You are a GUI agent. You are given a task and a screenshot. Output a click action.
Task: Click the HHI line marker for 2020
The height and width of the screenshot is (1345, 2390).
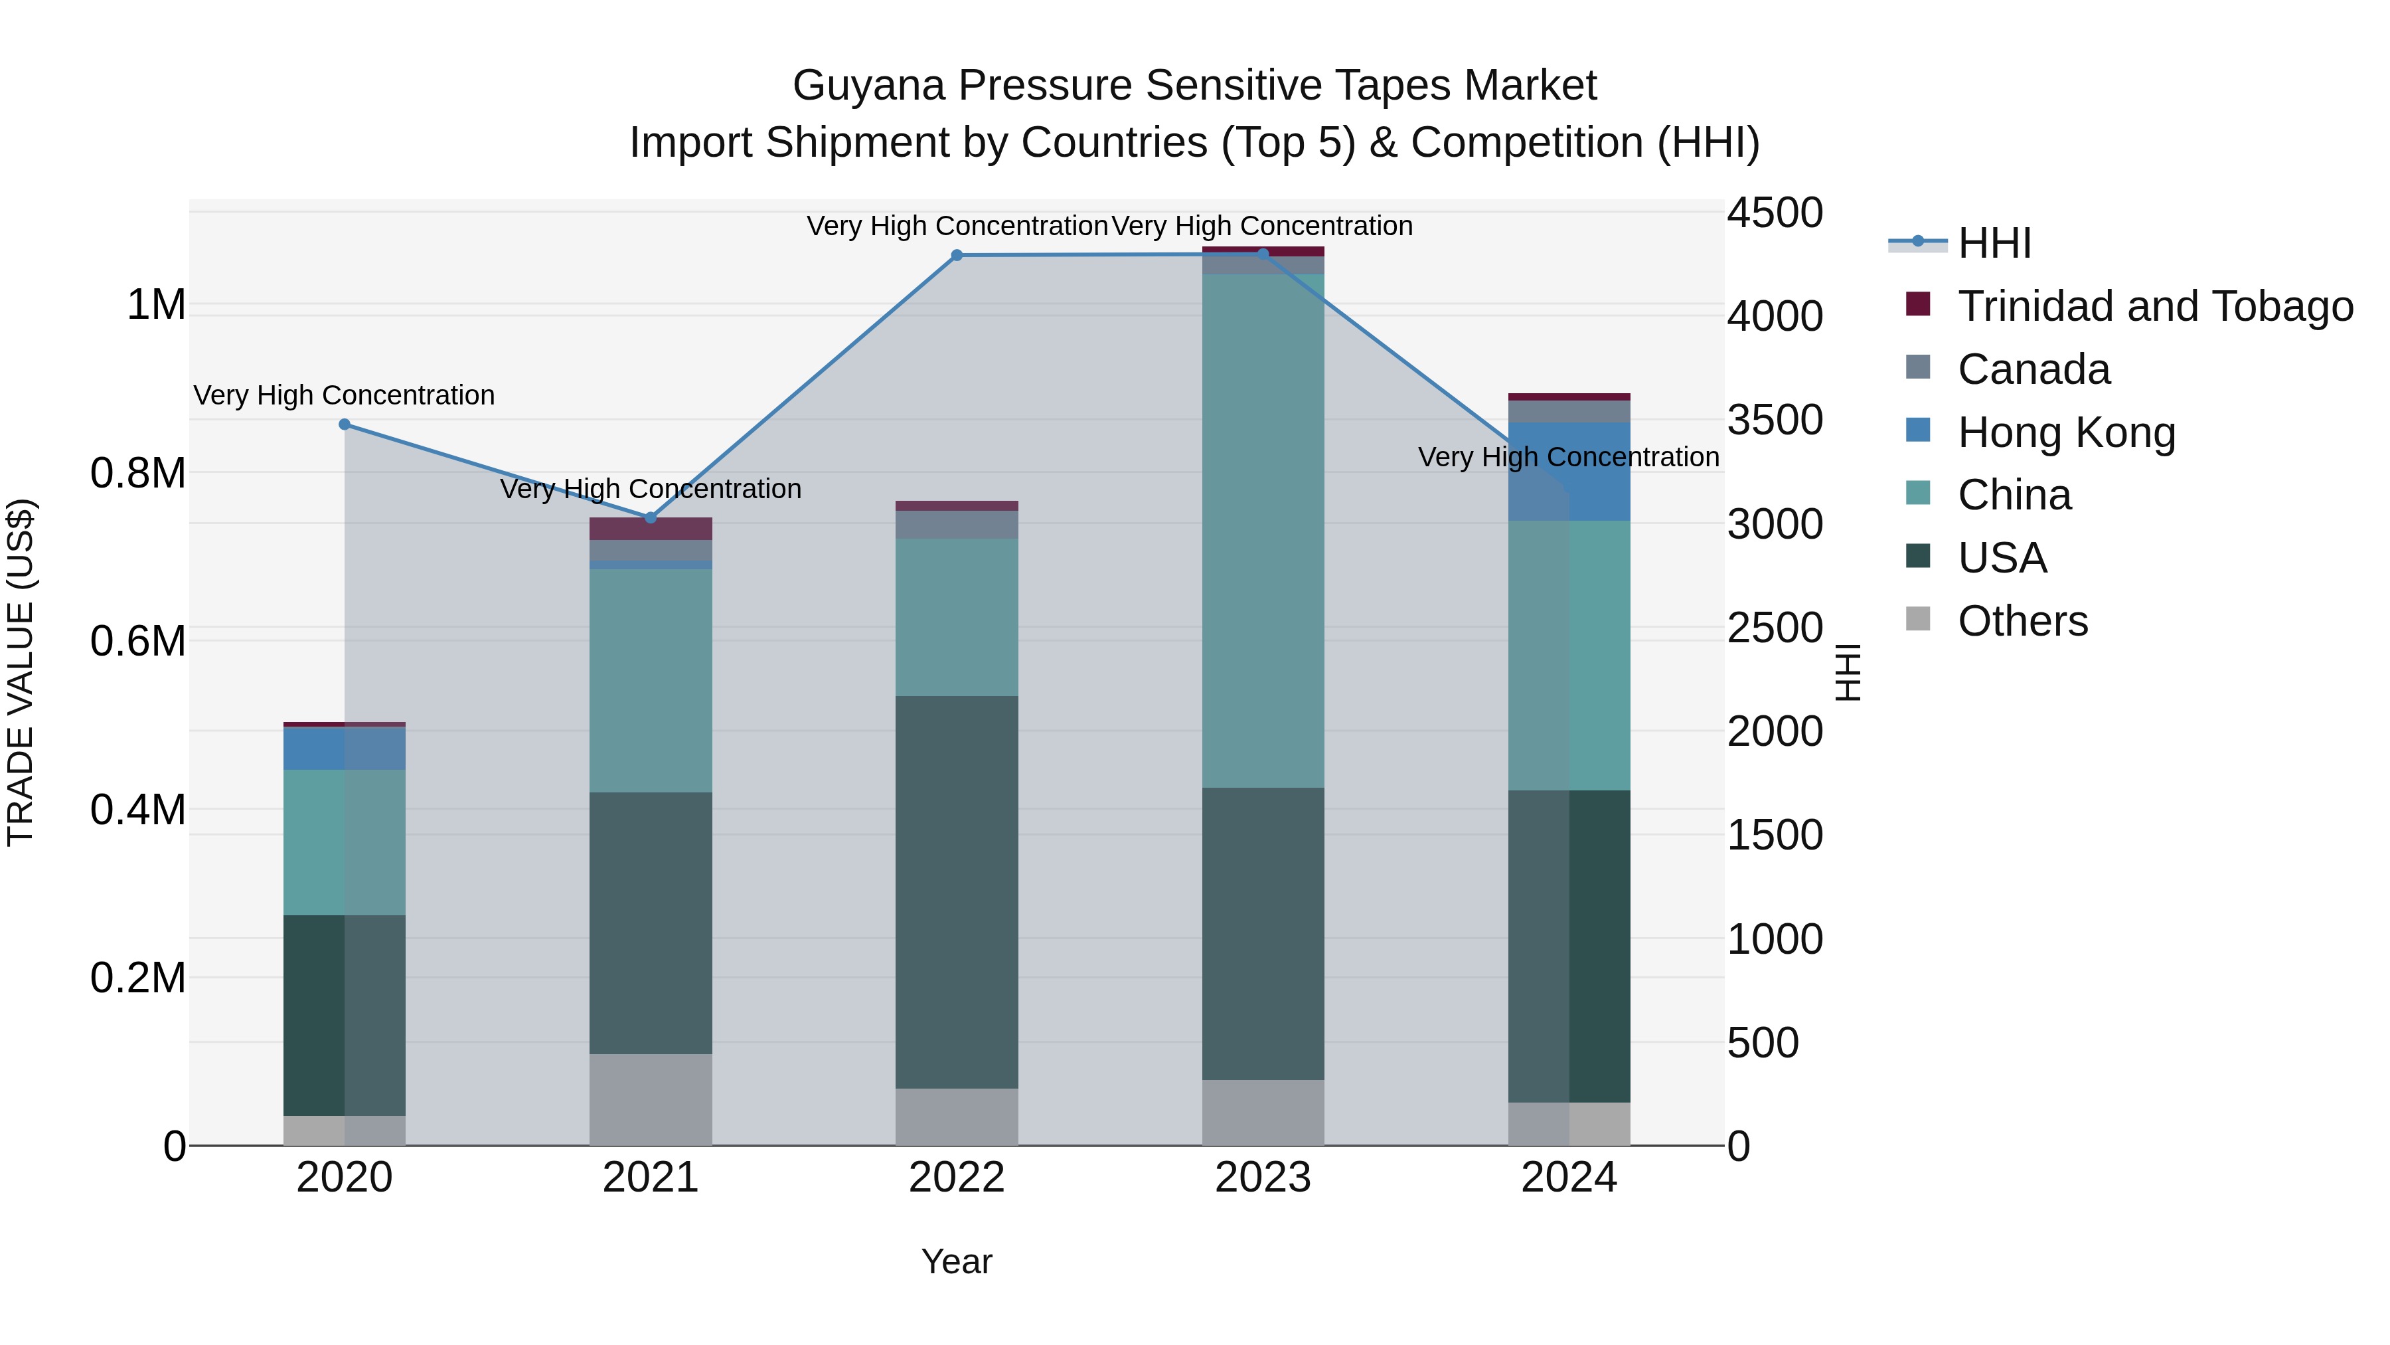[x=344, y=424]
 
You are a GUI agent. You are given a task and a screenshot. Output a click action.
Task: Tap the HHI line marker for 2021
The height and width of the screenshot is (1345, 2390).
[x=651, y=518]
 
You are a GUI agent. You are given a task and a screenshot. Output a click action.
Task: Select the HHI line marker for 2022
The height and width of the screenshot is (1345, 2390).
[x=957, y=255]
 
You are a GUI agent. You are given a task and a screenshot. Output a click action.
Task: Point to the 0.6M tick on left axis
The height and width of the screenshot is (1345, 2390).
[x=138, y=642]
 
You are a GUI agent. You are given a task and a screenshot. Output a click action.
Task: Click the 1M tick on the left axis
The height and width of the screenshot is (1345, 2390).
[x=156, y=306]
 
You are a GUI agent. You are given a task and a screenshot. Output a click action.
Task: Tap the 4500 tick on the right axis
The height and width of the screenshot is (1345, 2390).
[x=1774, y=213]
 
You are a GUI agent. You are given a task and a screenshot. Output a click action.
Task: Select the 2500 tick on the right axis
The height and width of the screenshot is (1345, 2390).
[x=1774, y=628]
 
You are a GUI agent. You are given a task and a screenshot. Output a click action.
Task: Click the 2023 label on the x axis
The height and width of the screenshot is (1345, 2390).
[x=1263, y=1178]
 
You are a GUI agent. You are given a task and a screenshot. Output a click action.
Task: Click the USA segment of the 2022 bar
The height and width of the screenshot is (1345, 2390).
[x=957, y=891]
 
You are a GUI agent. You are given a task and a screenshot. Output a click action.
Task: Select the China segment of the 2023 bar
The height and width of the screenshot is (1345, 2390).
[x=1263, y=531]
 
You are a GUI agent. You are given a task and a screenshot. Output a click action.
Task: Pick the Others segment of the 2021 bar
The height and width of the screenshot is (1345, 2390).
[x=651, y=1099]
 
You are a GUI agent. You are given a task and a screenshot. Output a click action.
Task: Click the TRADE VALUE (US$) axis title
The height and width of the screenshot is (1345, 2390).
[x=21, y=672]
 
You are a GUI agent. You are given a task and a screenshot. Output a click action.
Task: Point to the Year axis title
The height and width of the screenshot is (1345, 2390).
[x=957, y=1261]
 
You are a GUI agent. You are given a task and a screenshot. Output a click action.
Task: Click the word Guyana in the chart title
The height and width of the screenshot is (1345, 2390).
[x=868, y=86]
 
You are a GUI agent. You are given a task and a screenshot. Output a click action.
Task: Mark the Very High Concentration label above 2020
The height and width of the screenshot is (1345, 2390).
[x=344, y=395]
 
